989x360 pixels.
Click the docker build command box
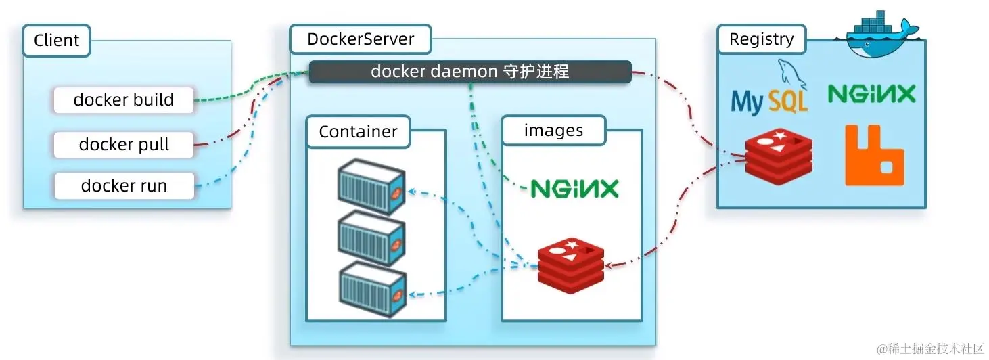124,100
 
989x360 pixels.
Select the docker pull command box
124,144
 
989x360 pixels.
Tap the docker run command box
124,185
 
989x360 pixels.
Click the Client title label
57,41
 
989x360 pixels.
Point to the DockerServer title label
360,39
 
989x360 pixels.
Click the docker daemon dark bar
469,72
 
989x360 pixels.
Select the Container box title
358,131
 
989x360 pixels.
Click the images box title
553,130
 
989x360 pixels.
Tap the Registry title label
761,39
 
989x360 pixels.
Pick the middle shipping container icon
371,237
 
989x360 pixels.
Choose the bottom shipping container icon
372,286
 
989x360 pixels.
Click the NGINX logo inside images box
574,187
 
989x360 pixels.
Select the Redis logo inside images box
571,265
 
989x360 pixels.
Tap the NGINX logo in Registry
871,93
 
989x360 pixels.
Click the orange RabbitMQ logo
874,155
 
